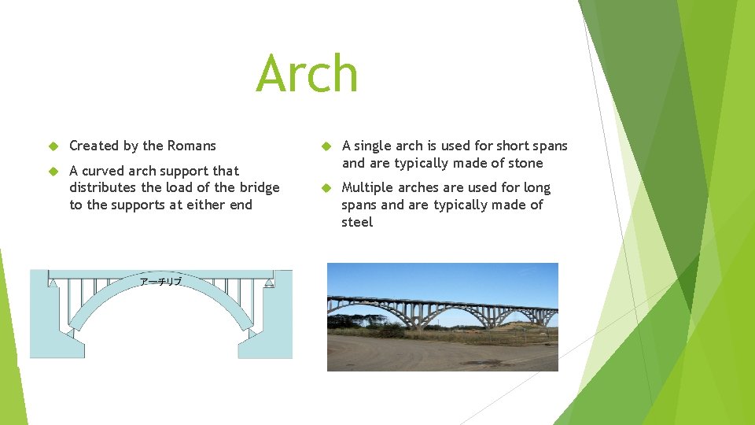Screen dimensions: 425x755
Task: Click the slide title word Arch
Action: point(307,73)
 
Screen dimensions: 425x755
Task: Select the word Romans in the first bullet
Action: point(190,146)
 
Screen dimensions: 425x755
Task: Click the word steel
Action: point(357,222)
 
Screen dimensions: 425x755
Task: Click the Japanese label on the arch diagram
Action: point(160,282)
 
